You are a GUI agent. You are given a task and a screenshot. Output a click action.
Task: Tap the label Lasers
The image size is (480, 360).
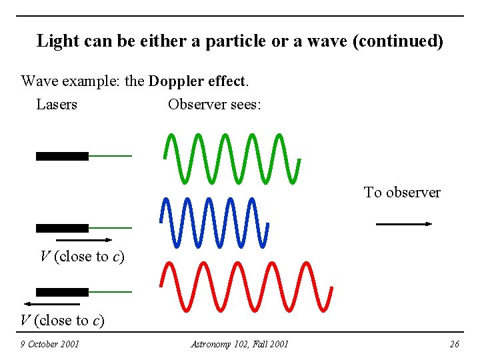tap(57, 105)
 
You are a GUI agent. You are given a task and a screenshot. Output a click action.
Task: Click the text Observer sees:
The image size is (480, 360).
tap(215, 105)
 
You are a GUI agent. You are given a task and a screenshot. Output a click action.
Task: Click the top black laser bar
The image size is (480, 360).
tap(62, 156)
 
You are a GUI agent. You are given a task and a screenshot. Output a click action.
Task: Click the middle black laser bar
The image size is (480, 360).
tap(62, 228)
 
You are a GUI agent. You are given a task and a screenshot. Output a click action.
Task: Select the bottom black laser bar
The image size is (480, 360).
tap(62, 292)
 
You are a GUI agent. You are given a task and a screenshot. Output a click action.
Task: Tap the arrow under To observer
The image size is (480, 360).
tap(404, 225)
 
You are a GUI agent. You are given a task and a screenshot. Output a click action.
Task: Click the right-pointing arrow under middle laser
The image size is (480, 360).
tap(84, 239)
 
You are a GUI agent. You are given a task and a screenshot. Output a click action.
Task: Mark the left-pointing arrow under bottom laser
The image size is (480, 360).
tap(56, 304)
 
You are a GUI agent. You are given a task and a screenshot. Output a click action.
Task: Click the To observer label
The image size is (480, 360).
tap(402, 193)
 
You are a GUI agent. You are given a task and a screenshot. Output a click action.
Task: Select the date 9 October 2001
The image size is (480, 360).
tap(49, 344)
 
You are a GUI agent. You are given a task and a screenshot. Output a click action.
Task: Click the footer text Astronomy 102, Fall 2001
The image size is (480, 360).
tap(239, 344)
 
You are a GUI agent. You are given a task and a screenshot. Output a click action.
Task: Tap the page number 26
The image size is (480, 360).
tap(454, 344)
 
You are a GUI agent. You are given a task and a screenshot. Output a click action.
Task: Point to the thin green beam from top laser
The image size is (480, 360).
tap(110, 156)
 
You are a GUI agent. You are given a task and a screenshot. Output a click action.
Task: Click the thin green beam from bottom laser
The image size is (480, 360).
tap(110, 292)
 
